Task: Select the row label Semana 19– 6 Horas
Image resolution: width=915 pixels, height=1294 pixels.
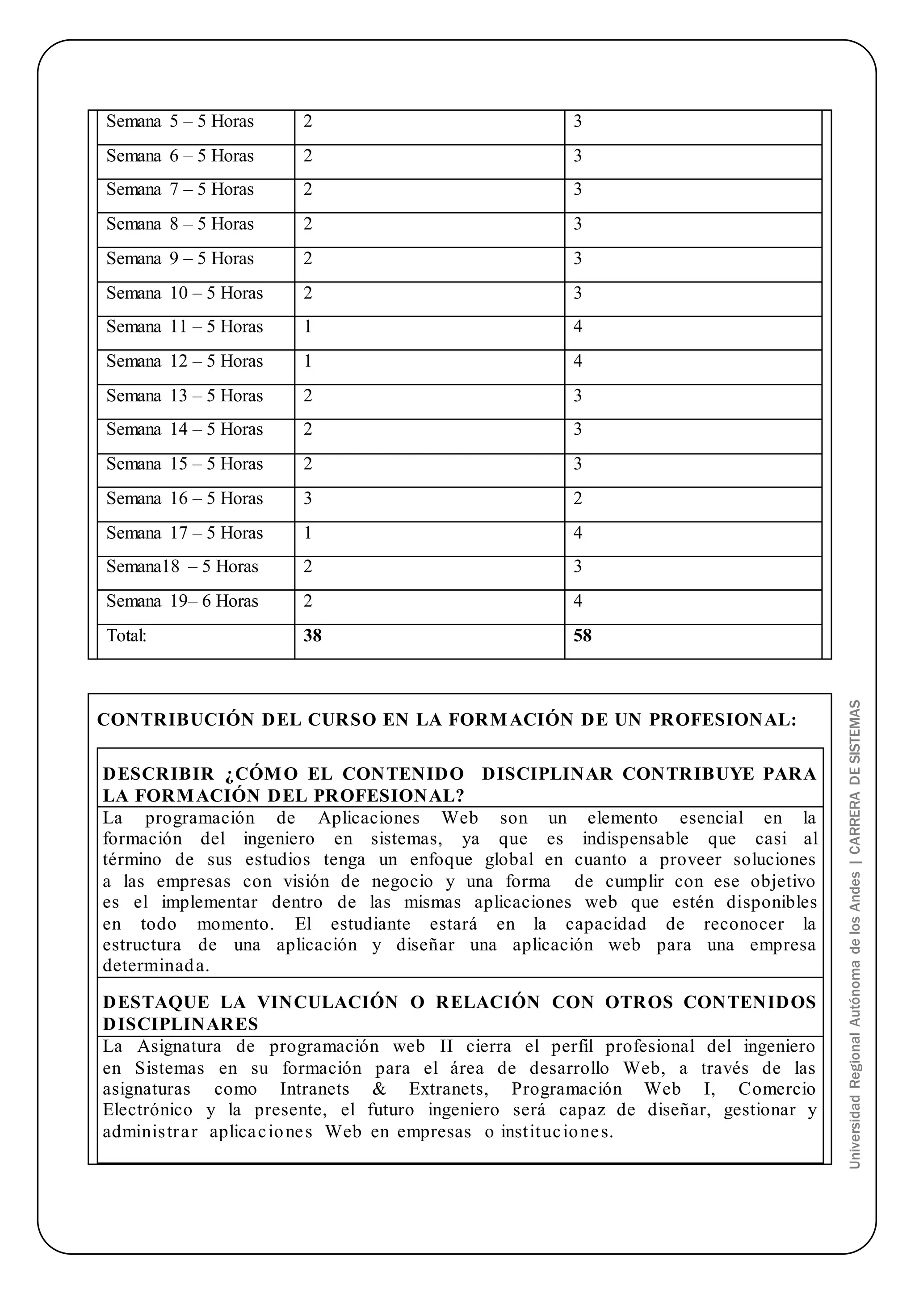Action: click(x=182, y=601)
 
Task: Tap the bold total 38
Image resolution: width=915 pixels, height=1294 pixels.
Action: click(x=312, y=636)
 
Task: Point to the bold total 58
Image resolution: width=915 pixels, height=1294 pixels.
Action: click(x=582, y=636)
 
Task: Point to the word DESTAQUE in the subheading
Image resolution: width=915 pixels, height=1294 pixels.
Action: click(x=155, y=1002)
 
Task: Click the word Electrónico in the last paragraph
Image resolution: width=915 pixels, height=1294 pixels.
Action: click(x=147, y=1110)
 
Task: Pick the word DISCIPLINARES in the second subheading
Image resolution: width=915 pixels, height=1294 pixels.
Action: click(x=180, y=1024)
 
